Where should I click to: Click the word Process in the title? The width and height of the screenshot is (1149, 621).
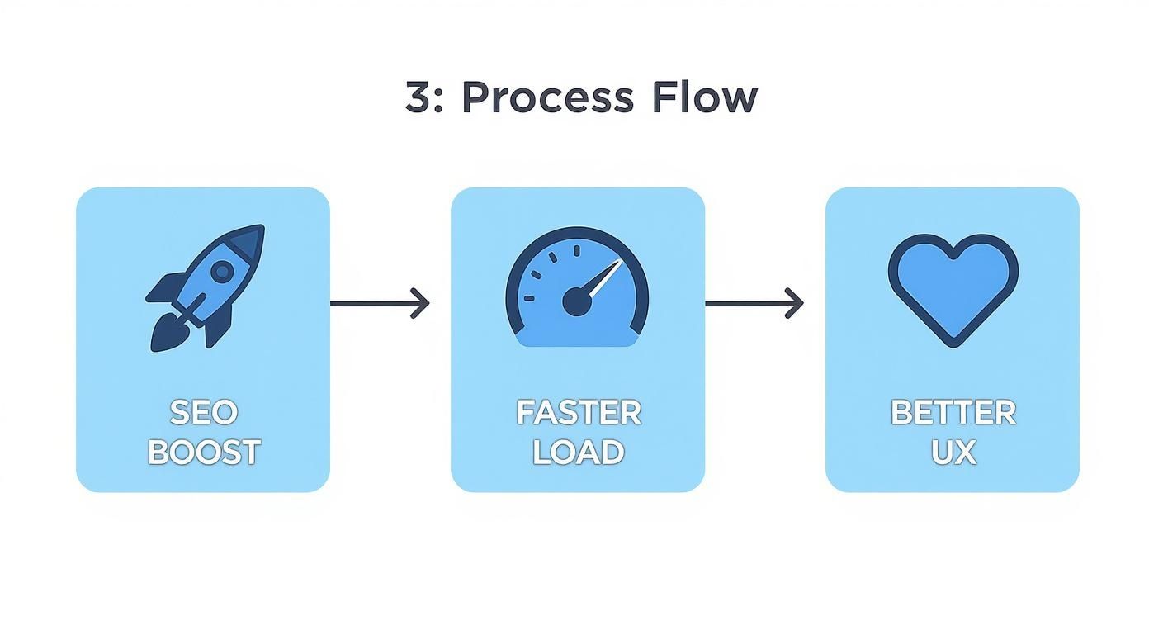547,98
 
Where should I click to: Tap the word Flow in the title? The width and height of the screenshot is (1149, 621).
703,98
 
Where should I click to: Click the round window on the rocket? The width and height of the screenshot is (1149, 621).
221,271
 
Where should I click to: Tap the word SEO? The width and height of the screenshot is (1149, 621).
203,412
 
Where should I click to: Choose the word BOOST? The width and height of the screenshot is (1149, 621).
203,453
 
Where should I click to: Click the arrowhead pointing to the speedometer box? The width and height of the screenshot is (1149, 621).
423,303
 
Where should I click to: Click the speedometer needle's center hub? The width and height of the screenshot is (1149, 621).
576,303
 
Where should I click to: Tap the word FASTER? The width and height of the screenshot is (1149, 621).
578,412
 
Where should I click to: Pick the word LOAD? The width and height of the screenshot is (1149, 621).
578,453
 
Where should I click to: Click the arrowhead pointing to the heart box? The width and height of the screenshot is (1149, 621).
797,303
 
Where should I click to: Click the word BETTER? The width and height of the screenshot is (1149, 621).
953,412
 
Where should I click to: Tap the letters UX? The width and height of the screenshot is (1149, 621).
953,453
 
